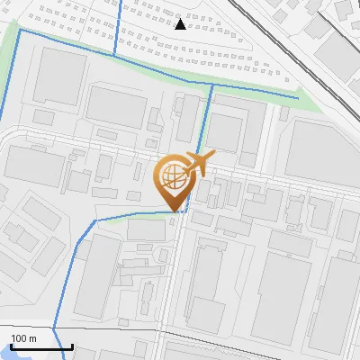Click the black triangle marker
pyautogui.click(x=181, y=23)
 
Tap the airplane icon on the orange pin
pyautogui.click(x=198, y=163)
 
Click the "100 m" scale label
pyautogui.click(x=24, y=338)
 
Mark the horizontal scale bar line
pyautogui.click(x=36, y=346)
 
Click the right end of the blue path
pyautogui.click(x=297, y=96)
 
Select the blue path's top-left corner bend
pyautogui.click(x=21, y=31)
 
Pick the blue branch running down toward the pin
pyautogui.click(x=207, y=126)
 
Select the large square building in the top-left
pyautogui.click(x=59, y=76)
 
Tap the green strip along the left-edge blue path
pyautogui.click(x=10, y=72)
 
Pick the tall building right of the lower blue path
pyautogui.click(x=98, y=279)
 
